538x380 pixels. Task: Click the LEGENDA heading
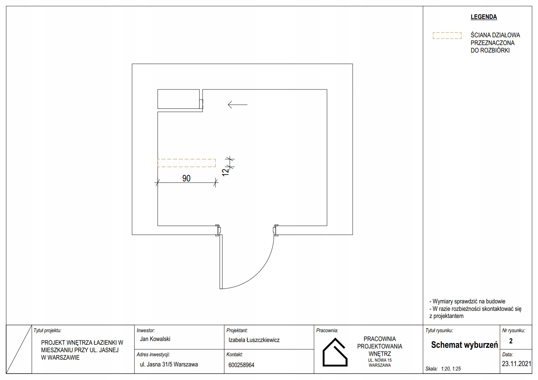click(x=484, y=17)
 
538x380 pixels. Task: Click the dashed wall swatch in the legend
click(x=447, y=36)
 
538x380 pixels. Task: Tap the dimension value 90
click(x=186, y=178)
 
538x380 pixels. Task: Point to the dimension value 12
click(x=225, y=172)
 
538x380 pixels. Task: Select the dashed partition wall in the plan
click(x=186, y=163)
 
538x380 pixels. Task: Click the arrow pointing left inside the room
click(x=238, y=105)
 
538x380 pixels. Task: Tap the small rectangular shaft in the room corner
click(x=179, y=99)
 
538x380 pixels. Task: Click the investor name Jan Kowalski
click(x=155, y=339)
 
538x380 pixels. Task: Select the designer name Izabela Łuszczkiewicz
click(x=254, y=340)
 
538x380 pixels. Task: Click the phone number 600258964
click(x=241, y=365)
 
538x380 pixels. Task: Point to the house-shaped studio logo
click(x=335, y=352)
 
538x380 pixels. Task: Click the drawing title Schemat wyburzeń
click(x=464, y=345)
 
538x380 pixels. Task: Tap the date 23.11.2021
click(x=516, y=364)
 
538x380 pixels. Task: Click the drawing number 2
click(x=511, y=341)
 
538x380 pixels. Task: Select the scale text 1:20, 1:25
click(x=451, y=369)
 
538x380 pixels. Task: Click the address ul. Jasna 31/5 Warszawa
click(x=169, y=364)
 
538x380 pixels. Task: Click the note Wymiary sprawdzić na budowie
click(x=467, y=301)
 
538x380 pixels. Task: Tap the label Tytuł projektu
click(x=48, y=331)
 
